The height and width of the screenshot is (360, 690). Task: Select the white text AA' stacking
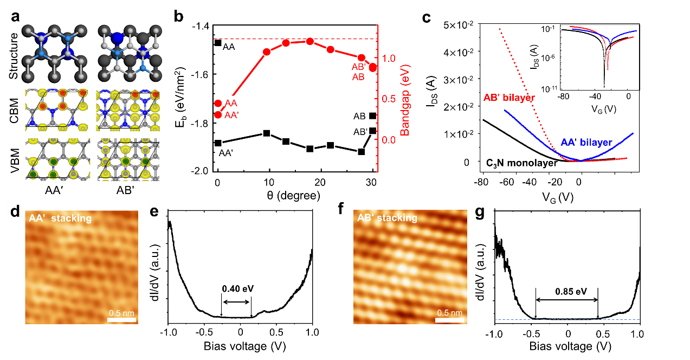(x=60, y=218)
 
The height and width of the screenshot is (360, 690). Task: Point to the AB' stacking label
(x=387, y=218)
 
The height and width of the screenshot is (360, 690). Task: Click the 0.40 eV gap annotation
(x=237, y=289)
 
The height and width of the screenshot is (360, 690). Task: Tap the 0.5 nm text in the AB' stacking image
(x=450, y=313)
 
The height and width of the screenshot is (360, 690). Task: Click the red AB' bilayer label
(x=509, y=98)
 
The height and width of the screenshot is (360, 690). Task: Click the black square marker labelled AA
(x=218, y=43)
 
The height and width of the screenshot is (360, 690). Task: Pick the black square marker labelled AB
(x=372, y=115)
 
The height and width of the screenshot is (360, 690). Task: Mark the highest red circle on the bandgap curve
(x=309, y=41)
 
